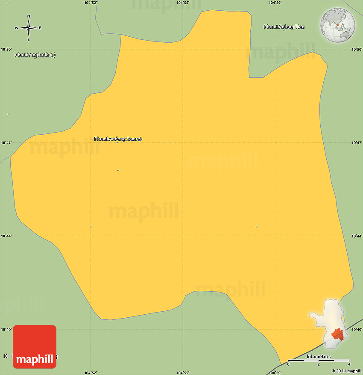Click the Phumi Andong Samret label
click(x=118, y=139)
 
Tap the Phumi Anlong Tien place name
click(x=284, y=27)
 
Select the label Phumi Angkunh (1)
click(x=35, y=55)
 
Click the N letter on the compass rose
click(x=29, y=17)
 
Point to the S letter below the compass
click(x=29, y=40)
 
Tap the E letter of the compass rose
click(x=40, y=28)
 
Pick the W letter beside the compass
click(x=17, y=28)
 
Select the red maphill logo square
click(x=35, y=346)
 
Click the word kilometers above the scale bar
click(x=319, y=357)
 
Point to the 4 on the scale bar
click(x=349, y=364)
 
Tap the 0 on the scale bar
click(x=288, y=364)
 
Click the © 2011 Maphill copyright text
click(x=346, y=371)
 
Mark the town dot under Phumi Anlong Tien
click(x=284, y=30)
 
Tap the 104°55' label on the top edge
click(x=183, y=3)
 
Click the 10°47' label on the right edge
click(x=357, y=142)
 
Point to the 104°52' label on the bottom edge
click(x=91, y=372)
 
